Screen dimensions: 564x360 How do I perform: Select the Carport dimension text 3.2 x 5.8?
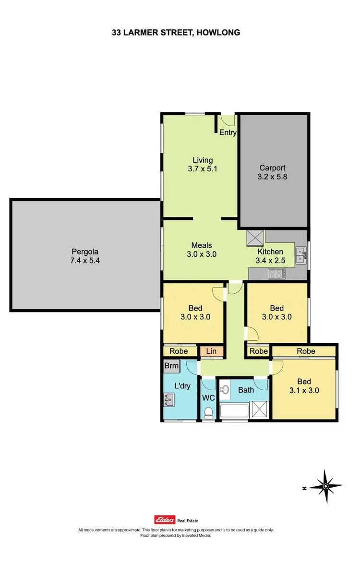[272, 177]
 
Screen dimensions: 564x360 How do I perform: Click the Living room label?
[203, 160]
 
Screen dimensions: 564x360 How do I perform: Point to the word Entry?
[228, 132]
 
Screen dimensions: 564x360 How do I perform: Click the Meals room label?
[202, 245]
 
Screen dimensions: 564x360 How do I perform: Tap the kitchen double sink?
[301, 255]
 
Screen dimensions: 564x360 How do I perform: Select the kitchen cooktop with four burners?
[276, 274]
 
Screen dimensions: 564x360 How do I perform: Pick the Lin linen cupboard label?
[212, 352]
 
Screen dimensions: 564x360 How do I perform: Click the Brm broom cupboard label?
[171, 366]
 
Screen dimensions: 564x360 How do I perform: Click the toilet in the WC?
[208, 412]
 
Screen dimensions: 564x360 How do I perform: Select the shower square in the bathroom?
[261, 411]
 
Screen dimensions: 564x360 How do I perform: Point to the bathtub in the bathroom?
[235, 411]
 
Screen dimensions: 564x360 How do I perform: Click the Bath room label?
[246, 390]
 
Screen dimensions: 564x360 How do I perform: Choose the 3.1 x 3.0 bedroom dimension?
[304, 390]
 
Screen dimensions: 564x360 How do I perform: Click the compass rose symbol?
[325, 487]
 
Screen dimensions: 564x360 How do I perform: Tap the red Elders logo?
[163, 520]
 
